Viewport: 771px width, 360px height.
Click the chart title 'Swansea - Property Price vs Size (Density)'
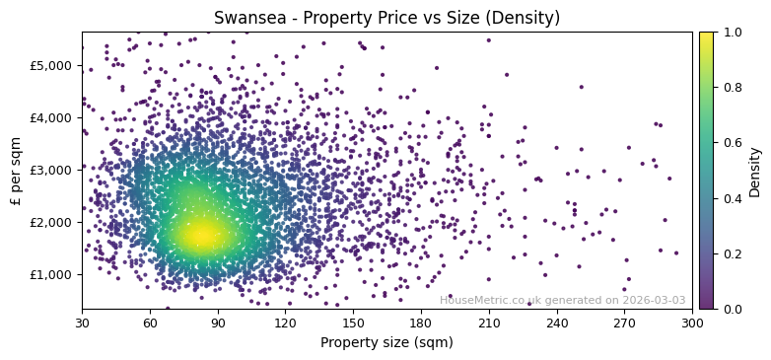(386, 18)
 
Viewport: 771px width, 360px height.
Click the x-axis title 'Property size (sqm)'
(386, 342)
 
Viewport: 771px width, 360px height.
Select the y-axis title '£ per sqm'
(16, 171)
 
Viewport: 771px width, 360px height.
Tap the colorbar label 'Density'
(754, 171)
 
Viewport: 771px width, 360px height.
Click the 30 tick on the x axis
(82, 322)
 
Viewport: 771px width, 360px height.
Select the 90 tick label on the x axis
(218, 322)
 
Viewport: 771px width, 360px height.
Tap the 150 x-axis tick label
(353, 322)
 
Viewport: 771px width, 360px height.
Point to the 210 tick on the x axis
(489, 322)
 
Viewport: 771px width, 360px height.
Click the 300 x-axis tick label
(692, 322)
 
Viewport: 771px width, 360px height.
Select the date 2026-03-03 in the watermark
(654, 300)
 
